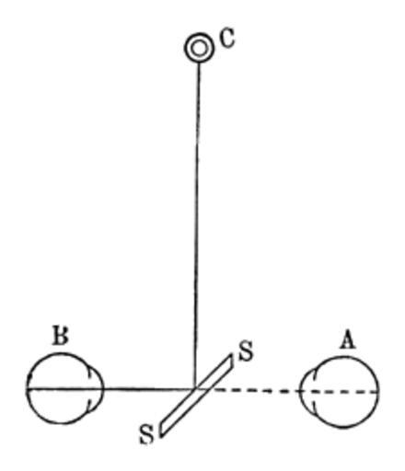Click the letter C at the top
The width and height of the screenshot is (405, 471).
pos(227,39)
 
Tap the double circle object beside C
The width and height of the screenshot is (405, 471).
pos(199,48)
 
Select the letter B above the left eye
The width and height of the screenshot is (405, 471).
pos(61,335)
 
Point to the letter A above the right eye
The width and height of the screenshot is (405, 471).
pos(347,339)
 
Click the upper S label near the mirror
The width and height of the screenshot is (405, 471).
pos(246,351)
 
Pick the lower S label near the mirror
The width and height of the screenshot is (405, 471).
pos(146,434)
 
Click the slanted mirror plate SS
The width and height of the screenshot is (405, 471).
pos(196,395)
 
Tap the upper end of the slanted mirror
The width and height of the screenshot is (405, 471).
pos(231,357)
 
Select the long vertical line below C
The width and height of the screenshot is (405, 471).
pos(197,225)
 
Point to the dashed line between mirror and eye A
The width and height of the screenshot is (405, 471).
pos(255,390)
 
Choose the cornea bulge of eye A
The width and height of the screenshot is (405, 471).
pos(307,391)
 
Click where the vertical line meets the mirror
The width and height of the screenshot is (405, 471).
pos(195,389)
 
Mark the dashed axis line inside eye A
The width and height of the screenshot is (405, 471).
pos(339,391)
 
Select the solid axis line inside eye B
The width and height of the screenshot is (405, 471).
pos(65,389)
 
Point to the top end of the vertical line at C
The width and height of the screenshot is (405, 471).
pos(199,63)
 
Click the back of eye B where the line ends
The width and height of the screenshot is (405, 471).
pos(28,388)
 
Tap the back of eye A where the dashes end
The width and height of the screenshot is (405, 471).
pos(378,392)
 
